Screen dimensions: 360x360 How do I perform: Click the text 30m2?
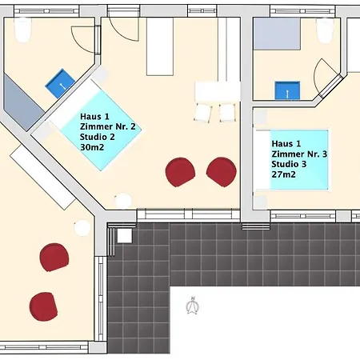tap(92, 147)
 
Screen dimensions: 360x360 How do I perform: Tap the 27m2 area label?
tap(283, 174)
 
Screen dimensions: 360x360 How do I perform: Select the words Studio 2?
tap(98, 137)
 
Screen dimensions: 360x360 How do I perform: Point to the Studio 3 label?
tap(289, 164)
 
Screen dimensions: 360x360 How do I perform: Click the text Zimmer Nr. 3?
tap(299, 154)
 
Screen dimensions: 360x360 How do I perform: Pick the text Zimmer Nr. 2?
tap(108, 126)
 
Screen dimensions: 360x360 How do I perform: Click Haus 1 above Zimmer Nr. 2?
tap(94, 117)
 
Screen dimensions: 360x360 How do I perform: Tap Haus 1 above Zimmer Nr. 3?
tap(286, 144)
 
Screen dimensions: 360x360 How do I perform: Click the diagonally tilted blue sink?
tap(60, 84)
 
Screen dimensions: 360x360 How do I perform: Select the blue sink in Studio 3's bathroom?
tap(287, 90)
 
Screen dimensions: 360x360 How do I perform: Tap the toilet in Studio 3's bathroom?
tap(325, 30)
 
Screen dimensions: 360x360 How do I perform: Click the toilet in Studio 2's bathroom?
tap(23, 30)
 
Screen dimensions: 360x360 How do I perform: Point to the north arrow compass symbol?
tap(193, 306)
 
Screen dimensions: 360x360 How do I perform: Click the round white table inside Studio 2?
tap(123, 201)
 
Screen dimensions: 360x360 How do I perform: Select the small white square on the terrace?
tap(125, 236)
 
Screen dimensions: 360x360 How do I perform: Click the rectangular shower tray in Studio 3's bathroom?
tap(277, 34)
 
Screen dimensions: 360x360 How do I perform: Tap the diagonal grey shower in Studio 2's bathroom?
tap(23, 102)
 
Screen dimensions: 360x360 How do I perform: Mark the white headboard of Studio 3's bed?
tap(263, 160)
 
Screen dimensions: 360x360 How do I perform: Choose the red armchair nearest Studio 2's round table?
tap(180, 172)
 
